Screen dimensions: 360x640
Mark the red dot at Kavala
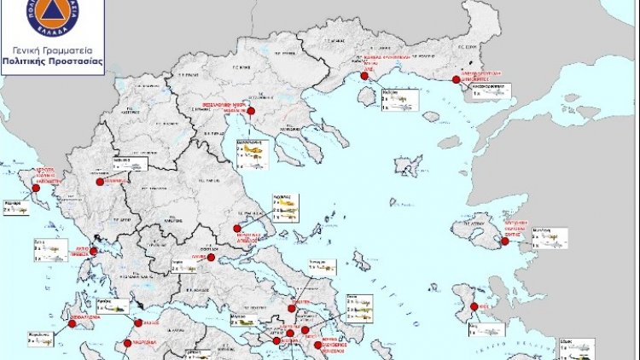tap(364, 76)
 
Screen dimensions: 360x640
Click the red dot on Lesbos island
tap(505, 242)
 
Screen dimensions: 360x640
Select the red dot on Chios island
tap(472, 308)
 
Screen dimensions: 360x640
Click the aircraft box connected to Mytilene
tap(549, 237)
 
